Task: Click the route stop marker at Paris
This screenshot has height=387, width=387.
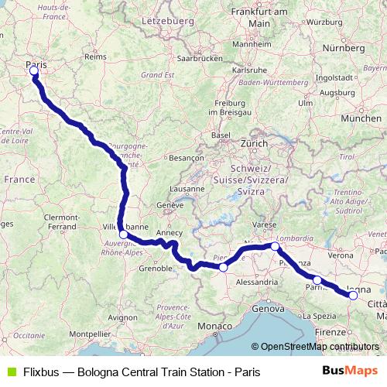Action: point(34,72)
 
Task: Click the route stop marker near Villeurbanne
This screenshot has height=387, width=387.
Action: point(123,234)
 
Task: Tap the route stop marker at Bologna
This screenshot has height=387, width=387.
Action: point(354,294)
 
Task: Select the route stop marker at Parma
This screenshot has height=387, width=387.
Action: point(317,279)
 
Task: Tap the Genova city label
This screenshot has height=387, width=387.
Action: point(267,309)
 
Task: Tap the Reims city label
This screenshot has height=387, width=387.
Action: point(94,57)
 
